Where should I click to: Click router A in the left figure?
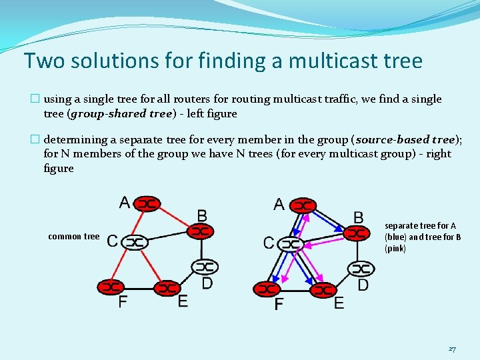148,203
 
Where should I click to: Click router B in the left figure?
201,231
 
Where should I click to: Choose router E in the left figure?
167,289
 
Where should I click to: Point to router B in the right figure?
357,233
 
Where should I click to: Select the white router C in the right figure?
291,244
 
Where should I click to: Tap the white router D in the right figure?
361,269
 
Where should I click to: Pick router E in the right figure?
323,290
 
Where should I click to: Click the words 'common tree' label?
73,237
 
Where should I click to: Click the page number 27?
452,349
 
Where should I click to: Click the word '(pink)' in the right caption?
395,248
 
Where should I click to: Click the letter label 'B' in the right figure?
359,217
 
